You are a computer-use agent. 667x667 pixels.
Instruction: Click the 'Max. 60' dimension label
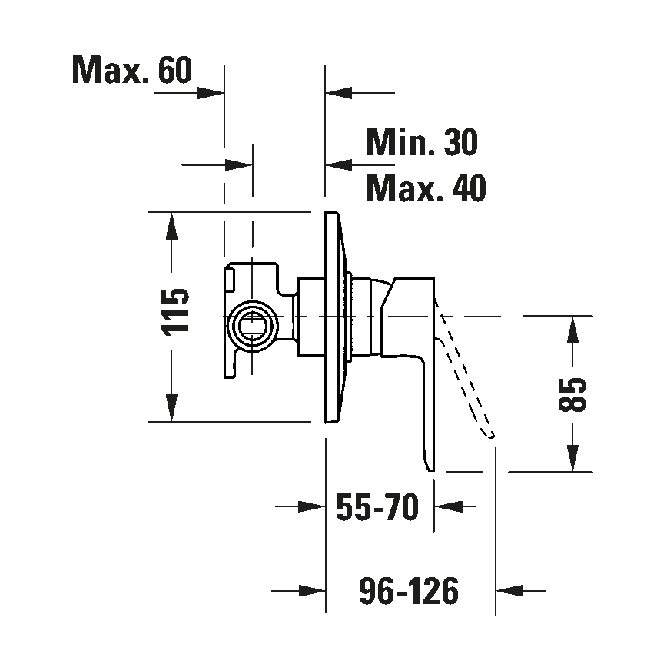131,71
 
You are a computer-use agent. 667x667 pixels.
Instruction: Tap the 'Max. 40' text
426,188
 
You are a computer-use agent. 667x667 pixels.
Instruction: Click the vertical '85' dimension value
573,394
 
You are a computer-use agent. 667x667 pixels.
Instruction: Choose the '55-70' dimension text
378,507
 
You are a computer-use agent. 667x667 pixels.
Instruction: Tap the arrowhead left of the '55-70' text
310,506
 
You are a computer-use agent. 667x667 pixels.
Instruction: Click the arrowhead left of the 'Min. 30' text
339,164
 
